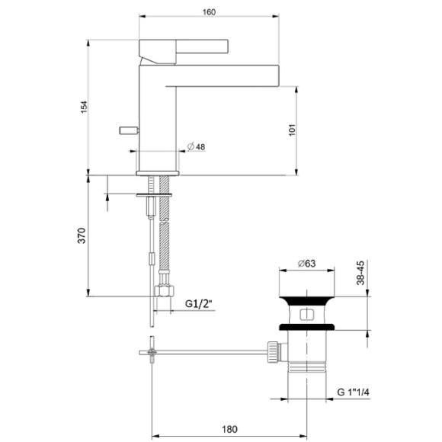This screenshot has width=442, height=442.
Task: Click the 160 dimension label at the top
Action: point(210,12)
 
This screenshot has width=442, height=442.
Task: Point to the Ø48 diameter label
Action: point(196,147)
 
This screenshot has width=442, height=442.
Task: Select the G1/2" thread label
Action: point(199,304)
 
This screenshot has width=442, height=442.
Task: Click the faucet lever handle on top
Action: point(183,47)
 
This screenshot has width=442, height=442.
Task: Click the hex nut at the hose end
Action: point(164,290)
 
